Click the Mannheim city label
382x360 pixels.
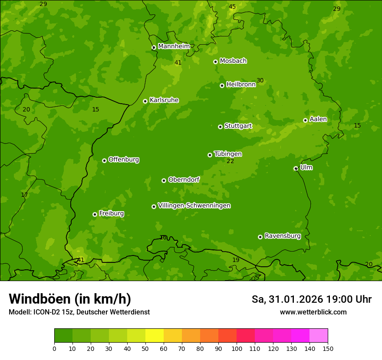(174, 46)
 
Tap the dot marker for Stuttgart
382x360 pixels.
(220, 127)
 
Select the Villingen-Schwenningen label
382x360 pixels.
(194, 206)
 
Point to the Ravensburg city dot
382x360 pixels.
(260, 237)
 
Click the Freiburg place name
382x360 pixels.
(111, 213)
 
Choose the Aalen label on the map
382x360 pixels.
(318, 119)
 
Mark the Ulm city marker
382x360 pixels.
(296, 168)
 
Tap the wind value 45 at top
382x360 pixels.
(232, 7)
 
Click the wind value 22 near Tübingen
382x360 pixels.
(230, 161)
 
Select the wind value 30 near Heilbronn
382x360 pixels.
(260, 80)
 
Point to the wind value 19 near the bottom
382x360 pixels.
(236, 260)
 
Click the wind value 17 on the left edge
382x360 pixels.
(24, 195)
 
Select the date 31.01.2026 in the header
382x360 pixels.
(296, 299)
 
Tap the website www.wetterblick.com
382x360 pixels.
(313, 312)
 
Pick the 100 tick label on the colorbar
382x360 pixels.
(237, 348)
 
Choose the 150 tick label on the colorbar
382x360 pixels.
(328, 348)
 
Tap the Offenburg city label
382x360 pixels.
(123, 160)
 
